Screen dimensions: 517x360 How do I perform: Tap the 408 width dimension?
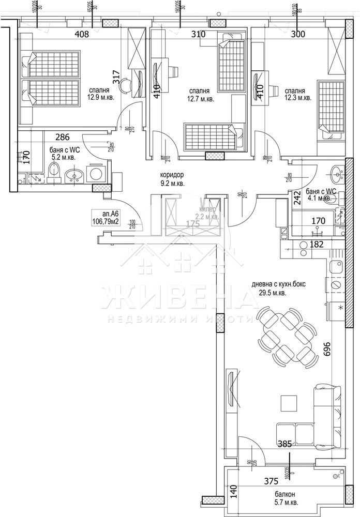click(82, 35)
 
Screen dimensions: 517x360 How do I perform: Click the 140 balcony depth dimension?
click(233, 490)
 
